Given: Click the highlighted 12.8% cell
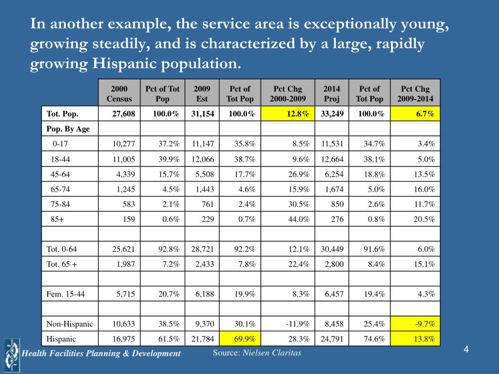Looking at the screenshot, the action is [288, 113].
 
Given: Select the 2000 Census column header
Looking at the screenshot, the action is [119, 93].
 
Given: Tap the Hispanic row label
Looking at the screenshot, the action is [61, 339].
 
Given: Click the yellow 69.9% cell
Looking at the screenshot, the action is [240, 339].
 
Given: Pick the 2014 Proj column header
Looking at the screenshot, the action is [331, 93].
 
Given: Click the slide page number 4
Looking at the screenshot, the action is [466, 350].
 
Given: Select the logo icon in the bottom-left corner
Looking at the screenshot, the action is [12, 355].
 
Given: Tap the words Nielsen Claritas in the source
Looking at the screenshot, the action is [272, 353].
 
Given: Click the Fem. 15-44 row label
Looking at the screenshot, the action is [66, 294].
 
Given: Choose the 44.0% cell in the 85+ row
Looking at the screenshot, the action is [299, 219].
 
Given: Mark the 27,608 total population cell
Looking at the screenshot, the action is [123, 114].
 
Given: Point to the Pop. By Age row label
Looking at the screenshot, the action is [68, 129].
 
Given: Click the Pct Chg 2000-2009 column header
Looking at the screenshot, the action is [288, 93].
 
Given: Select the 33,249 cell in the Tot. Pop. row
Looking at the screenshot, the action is [332, 114].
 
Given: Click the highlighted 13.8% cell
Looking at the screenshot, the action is [415, 339].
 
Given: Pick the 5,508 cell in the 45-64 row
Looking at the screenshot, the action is [205, 174].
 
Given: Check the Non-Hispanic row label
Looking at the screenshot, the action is [70, 324].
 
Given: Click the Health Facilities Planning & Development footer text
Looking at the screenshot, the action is [101, 354].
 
